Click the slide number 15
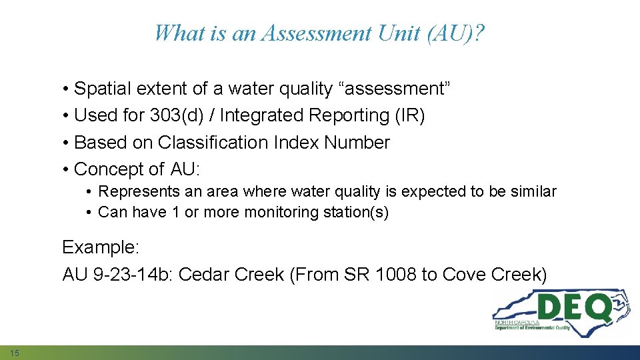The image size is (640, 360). pyautogui.click(x=15, y=352)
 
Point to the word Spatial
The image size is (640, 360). pyautogui.click(x=101, y=89)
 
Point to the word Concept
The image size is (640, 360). pyautogui.click(x=108, y=169)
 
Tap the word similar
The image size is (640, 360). pyautogui.click(x=533, y=192)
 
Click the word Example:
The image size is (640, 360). pyautogui.click(x=101, y=247)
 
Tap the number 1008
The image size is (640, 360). pyautogui.click(x=394, y=275)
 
